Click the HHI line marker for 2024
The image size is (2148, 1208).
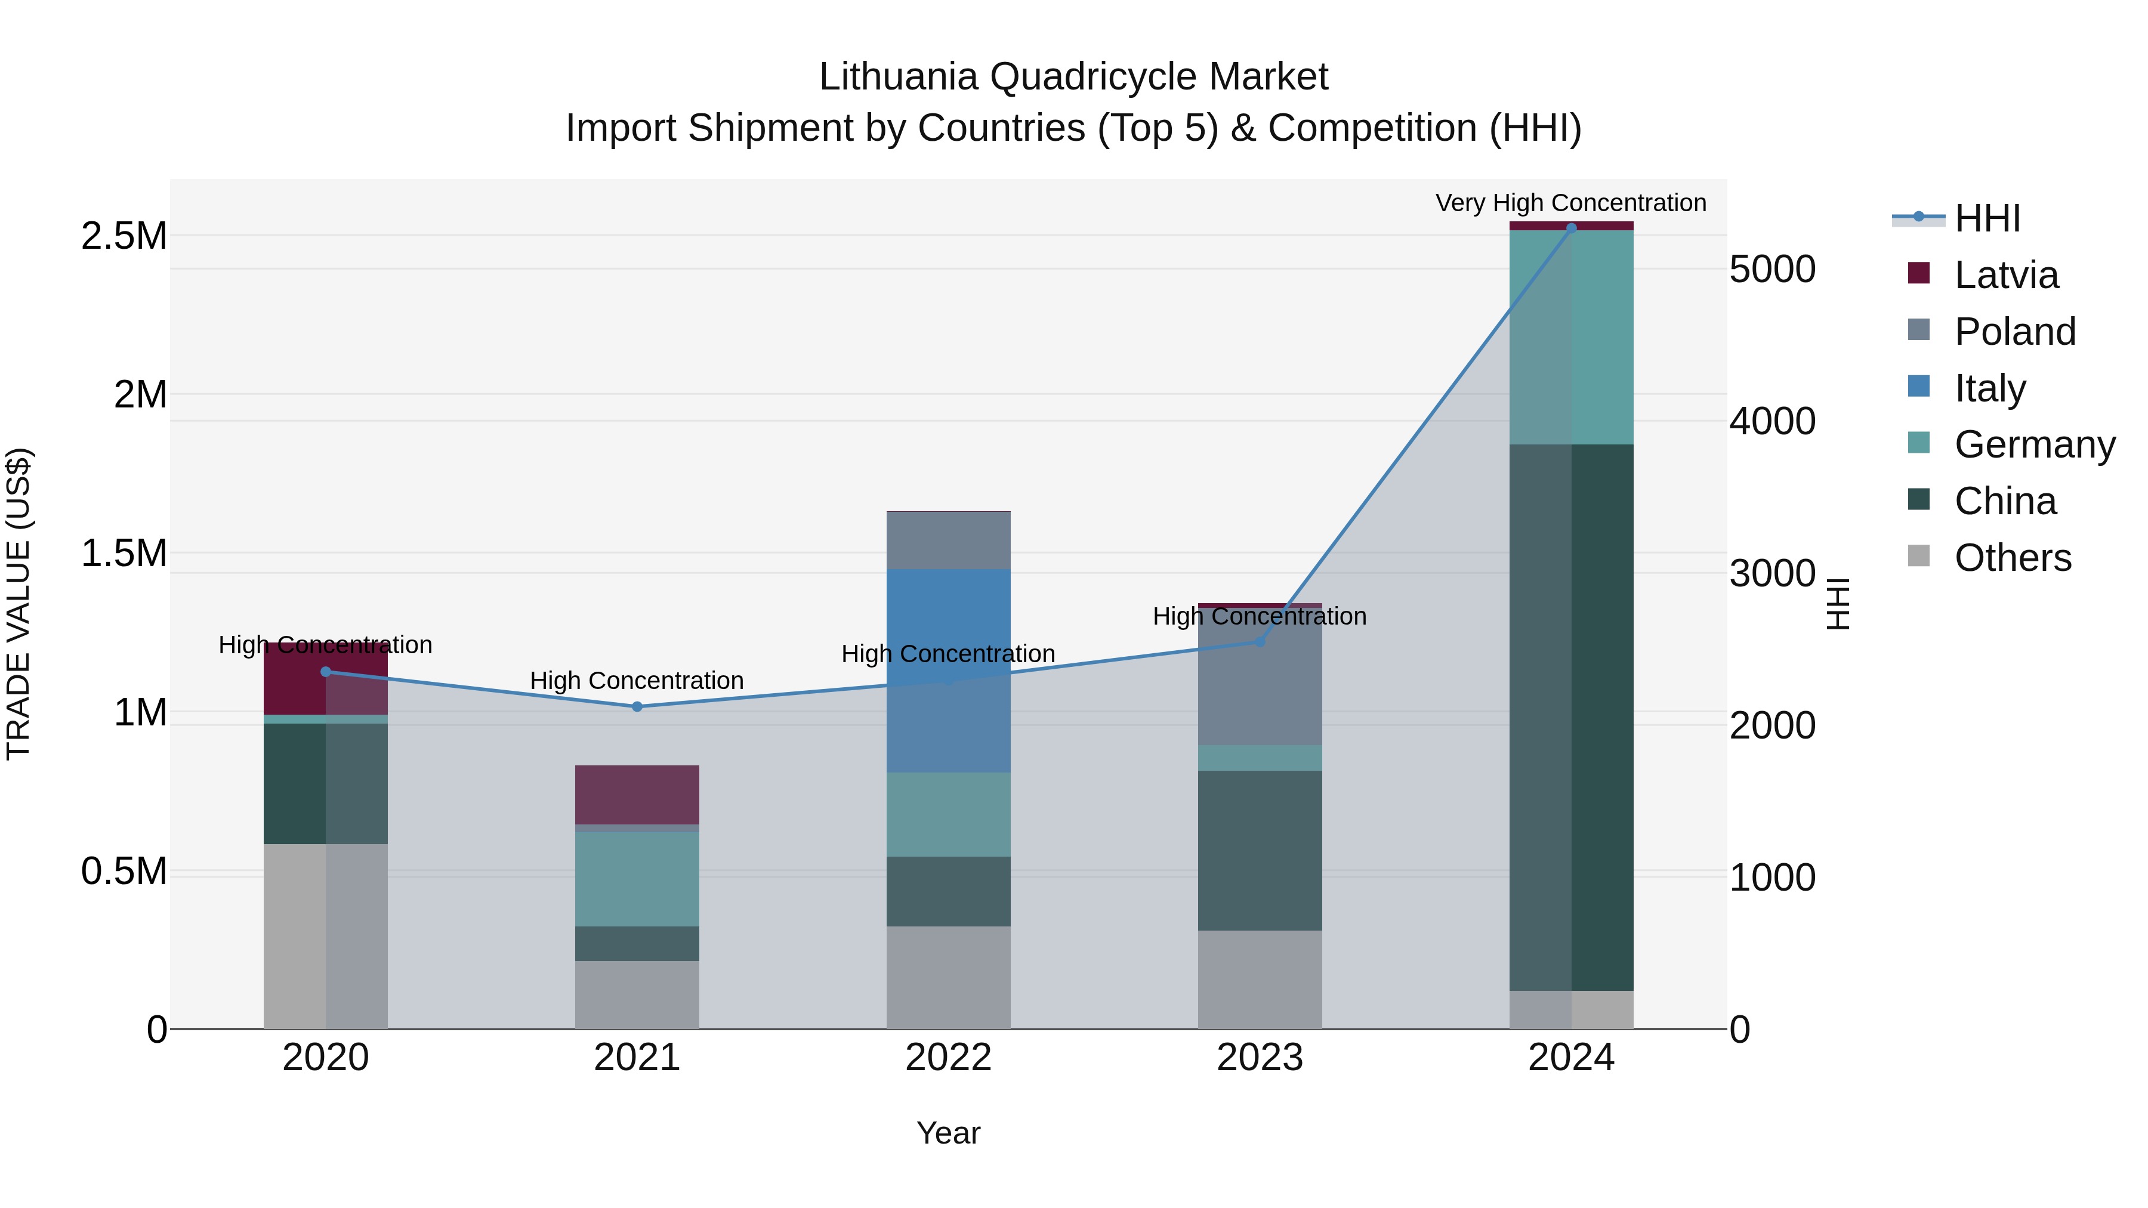[x=1571, y=228]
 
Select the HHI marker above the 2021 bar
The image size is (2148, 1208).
[x=637, y=706]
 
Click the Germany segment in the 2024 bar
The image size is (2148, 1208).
[x=1571, y=337]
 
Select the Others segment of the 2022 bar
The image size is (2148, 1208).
[x=948, y=977]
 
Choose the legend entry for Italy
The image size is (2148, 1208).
[x=1989, y=388]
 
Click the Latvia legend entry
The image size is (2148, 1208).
[x=2005, y=274]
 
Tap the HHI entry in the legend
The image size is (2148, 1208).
[x=1986, y=218]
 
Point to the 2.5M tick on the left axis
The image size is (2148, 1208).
[x=124, y=236]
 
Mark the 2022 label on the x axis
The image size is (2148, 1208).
[x=948, y=1058]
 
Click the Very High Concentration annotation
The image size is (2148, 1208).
[x=1570, y=203]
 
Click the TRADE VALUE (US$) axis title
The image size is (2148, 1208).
[x=18, y=604]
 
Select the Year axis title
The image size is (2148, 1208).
[x=948, y=1133]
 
